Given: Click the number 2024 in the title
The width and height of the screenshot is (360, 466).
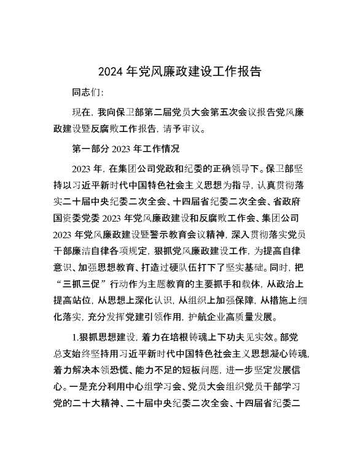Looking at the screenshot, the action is (x=111, y=72).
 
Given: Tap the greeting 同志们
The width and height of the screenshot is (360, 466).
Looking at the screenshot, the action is (x=87, y=93).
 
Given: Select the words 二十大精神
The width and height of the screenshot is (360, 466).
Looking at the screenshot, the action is (x=113, y=422).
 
